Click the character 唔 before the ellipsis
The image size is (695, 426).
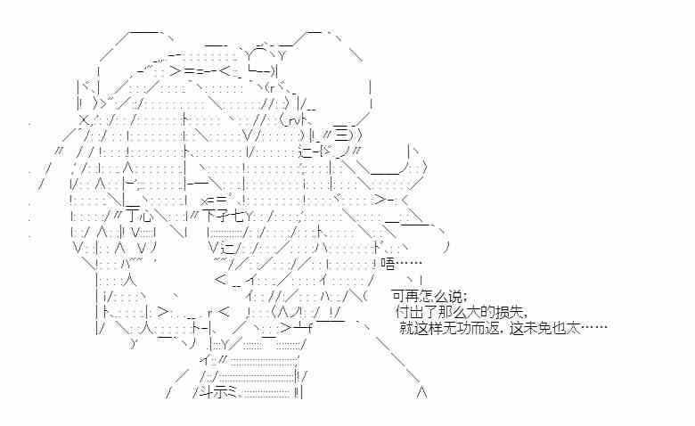coord(387,263)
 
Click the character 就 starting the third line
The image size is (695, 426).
coord(406,328)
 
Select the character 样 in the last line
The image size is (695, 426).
coord(433,328)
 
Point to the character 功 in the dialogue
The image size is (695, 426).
coord(460,328)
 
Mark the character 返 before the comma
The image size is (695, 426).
coord(487,328)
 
